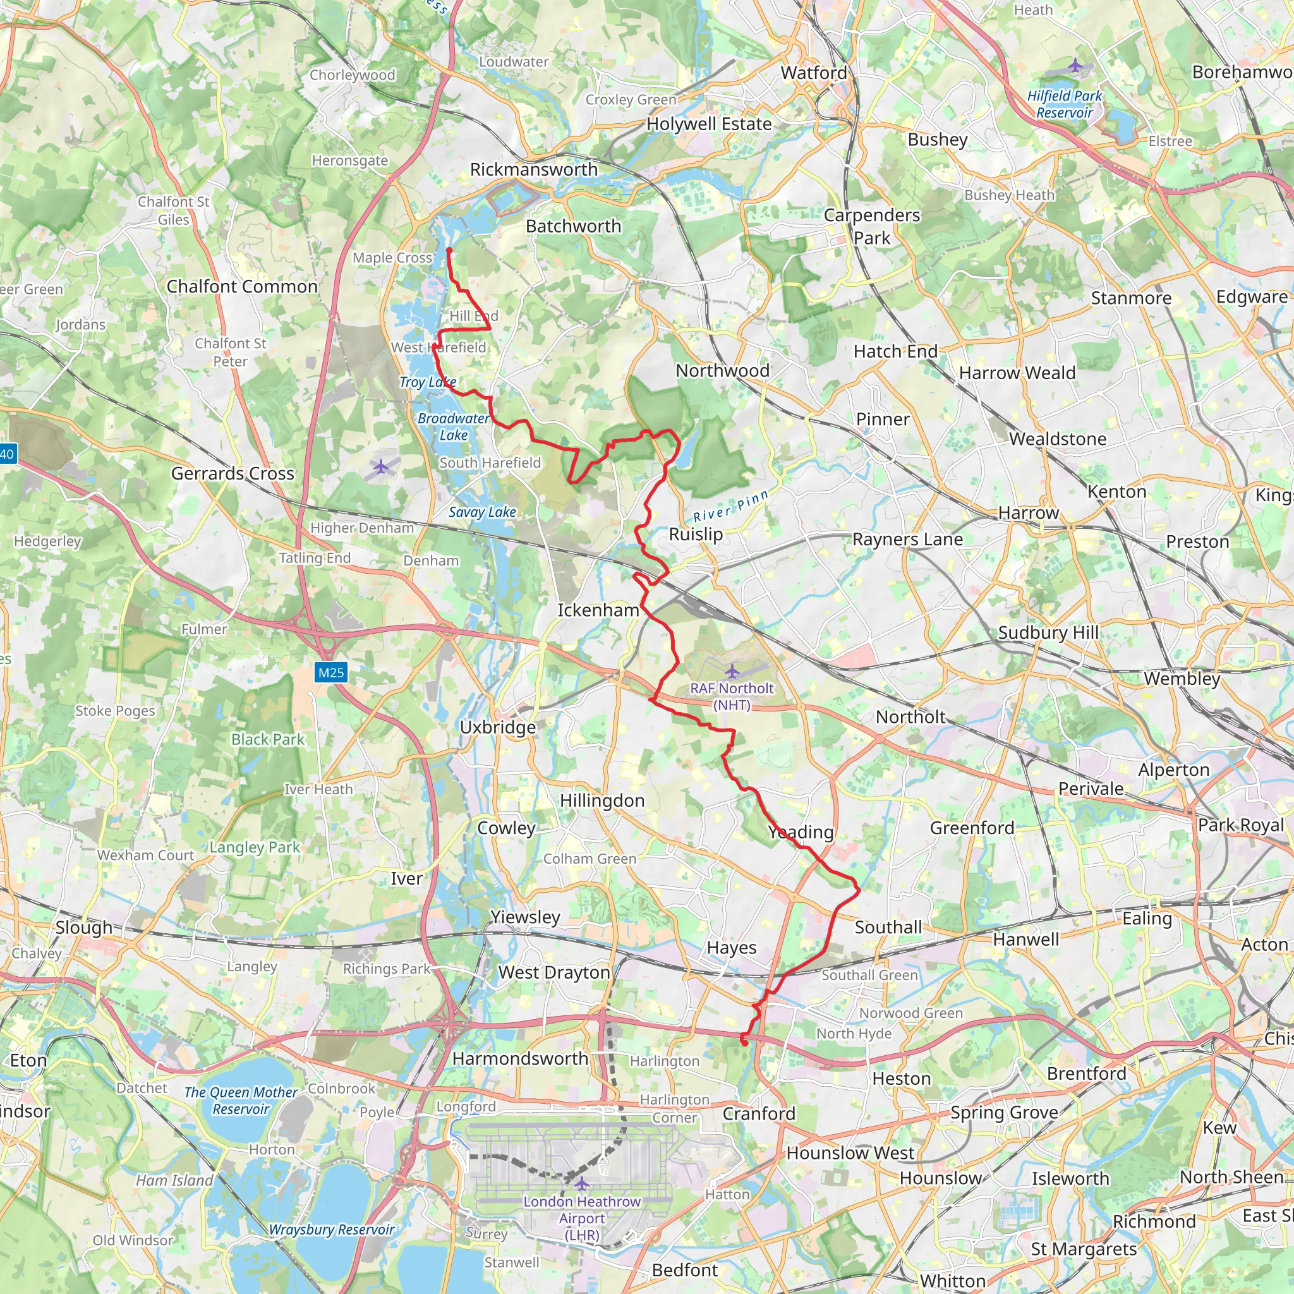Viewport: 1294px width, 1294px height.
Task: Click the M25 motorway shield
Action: pyautogui.click(x=331, y=672)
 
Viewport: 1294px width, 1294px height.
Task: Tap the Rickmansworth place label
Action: pyautogui.click(x=533, y=169)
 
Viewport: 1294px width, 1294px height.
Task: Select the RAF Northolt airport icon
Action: pyautogui.click(x=732, y=670)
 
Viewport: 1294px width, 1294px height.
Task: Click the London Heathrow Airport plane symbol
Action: pyautogui.click(x=582, y=1183)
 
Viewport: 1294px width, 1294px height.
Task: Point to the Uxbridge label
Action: pyautogui.click(x=498, y=727)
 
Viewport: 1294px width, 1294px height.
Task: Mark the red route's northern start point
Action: pyautogui.click(x=449, y=250)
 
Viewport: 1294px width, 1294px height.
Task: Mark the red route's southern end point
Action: pyautogui.click(x=745, y=1043)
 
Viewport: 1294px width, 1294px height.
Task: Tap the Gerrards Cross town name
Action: pyautogui.click(x=233, y=473)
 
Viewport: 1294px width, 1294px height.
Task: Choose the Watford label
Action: pyautogui.click(x=813, y=72)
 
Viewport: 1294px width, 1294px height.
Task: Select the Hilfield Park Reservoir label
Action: pyautogui.click(x=1064, y=104)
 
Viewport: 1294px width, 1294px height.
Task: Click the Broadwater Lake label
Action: pyautogui.click(x=454, y=426)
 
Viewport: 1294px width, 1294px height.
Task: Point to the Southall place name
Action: pyautogui.click(x=888, y=927)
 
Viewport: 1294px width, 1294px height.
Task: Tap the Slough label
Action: pyautogui.click(x=84, y=928)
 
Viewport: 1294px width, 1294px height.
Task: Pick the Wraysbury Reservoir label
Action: pyautogui.click(x=332, y=1230)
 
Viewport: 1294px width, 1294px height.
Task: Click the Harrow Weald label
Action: pyautogui.click(x=1017, y=373)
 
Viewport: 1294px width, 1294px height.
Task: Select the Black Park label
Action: pyautogui.click(x=268, y=739)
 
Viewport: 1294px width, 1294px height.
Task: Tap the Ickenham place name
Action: pyautogui.click(x=598, y=610)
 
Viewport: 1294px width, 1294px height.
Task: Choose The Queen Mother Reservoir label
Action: pyautogui.click(x=241, y=1101)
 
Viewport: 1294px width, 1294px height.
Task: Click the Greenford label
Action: pyautogui.click(x=972, y=828)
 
